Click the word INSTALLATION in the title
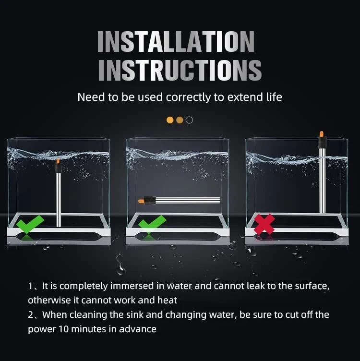176,42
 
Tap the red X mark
264,224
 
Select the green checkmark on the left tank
30,224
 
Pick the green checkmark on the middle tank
152,224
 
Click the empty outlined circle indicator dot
189,120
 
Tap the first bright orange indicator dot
170,120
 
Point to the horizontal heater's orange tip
141,200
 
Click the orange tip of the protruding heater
322,134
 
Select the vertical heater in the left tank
59,194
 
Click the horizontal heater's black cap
150,200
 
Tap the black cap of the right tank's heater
322,142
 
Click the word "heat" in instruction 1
168,301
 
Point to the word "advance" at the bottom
137,329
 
